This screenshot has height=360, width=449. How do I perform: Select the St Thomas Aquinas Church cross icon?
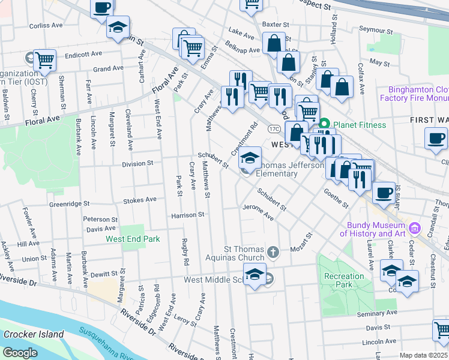[273, 251]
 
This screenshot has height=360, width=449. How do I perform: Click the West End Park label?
[133, 239]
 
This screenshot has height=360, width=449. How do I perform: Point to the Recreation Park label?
[344, 280]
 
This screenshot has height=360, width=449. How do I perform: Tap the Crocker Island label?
[34, 334]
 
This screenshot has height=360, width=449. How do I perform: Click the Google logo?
[20, 353]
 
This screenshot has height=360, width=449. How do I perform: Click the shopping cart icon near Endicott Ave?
[44, 60]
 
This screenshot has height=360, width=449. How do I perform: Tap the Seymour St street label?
[375, 29]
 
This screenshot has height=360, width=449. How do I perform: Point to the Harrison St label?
[188, 215]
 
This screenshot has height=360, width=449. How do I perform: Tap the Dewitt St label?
[108, 274]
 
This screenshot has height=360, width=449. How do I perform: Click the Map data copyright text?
[423, 355]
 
